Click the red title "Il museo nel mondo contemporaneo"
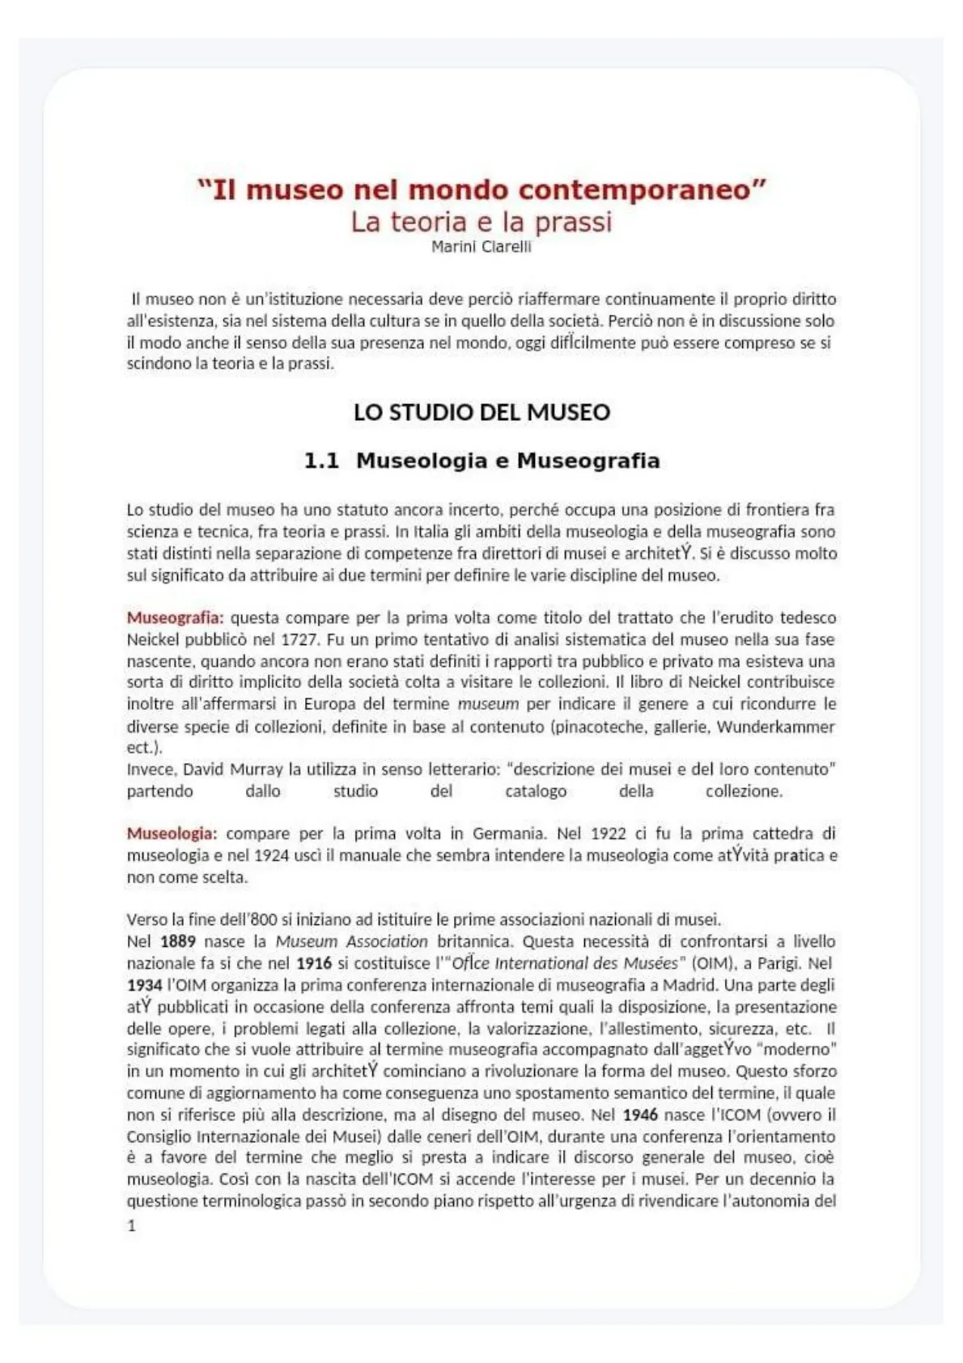(x=481, y=189)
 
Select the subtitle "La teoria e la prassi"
(x=481, y=222)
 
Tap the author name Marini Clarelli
(x=481, y=247)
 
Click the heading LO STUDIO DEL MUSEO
(x=481, y=412)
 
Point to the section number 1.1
(x=320, y=461)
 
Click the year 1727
(x=299, y=639)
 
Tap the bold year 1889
(x=178, y=941)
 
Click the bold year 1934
(x=145, y=985)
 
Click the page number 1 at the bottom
(x=131, y=1225)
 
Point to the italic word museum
(x=488, y=704)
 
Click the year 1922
(x=609, y=834)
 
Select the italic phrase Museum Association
(x=352, y=941)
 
